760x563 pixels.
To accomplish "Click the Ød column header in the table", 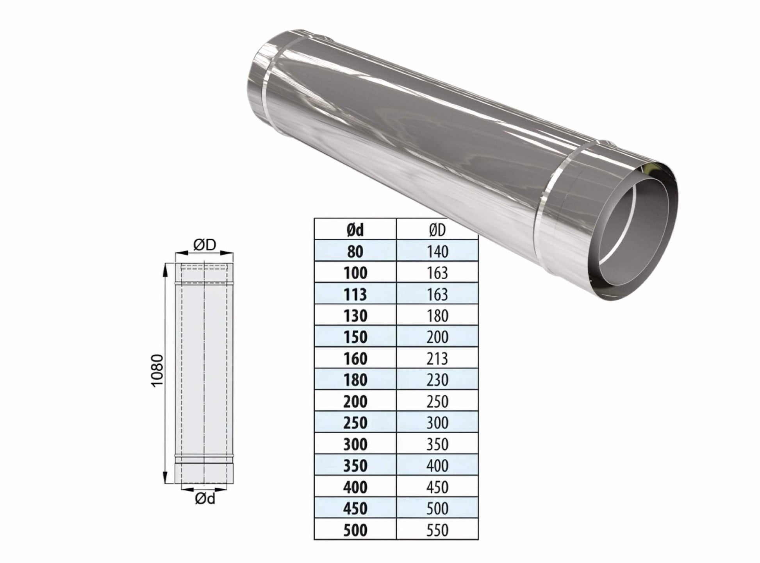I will (x=355, y=230).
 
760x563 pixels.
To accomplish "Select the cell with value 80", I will (x=355, y=251).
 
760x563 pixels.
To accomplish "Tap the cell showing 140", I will (x=437, y=251).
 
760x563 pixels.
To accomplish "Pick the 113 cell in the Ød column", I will (x=355, y=294).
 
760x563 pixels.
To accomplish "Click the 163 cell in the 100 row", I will (x=437, y=273).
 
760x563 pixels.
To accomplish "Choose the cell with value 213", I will (x=437, y=358).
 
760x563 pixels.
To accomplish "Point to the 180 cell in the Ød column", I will (x=355, y=380).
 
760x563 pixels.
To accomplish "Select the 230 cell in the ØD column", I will (x=437, y=380).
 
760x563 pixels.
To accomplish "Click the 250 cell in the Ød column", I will (x=355, y=423).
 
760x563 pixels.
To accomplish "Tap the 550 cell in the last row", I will (x=437, y=530).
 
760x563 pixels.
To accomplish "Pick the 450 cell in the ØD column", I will (x=437, y=487).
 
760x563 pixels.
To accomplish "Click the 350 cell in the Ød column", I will (x=355, y=465).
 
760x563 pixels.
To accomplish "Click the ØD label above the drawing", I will (x=205, y=245).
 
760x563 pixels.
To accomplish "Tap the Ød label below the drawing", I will (x=205, y=499).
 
